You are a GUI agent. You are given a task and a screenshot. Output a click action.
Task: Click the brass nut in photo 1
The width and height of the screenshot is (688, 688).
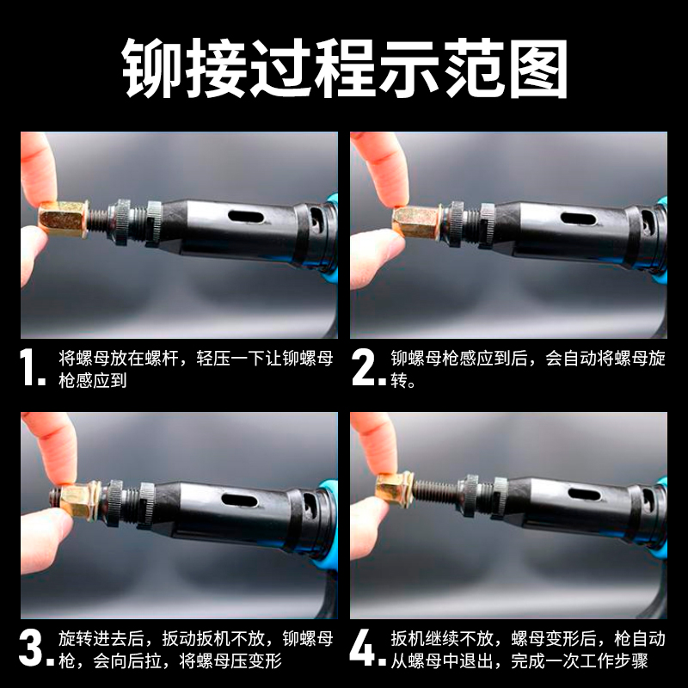point(64,218)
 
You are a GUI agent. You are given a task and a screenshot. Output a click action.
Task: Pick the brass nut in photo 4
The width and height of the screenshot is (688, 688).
point(394,489)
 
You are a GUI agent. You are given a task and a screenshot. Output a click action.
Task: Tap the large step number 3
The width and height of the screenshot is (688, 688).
point(31,648)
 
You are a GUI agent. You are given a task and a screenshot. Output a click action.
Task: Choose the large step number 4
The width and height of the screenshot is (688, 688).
point(362,648)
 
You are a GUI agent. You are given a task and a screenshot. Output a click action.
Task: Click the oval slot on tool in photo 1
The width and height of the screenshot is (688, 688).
point(246,217)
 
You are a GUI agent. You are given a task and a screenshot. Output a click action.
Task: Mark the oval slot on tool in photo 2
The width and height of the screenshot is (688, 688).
point(578,218)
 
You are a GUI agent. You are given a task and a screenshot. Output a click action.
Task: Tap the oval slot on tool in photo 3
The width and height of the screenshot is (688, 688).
point(240,500)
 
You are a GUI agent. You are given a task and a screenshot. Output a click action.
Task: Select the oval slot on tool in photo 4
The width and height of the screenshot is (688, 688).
point(585,494)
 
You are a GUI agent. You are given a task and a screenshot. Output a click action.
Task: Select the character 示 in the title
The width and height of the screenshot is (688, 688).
point(409,69)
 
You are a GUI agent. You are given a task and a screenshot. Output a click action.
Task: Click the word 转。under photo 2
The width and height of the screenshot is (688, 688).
point(402,380)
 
